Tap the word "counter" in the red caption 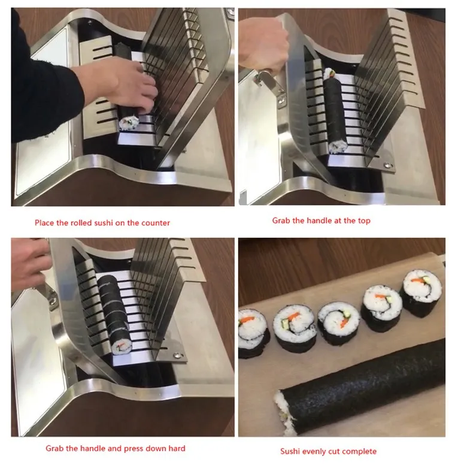pos(156,223)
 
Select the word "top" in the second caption pos(364,221)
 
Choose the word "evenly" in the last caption pos(318,451)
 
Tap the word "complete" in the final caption pos(360,451)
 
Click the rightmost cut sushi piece pos(422,293)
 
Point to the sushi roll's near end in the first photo pos(129,123)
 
